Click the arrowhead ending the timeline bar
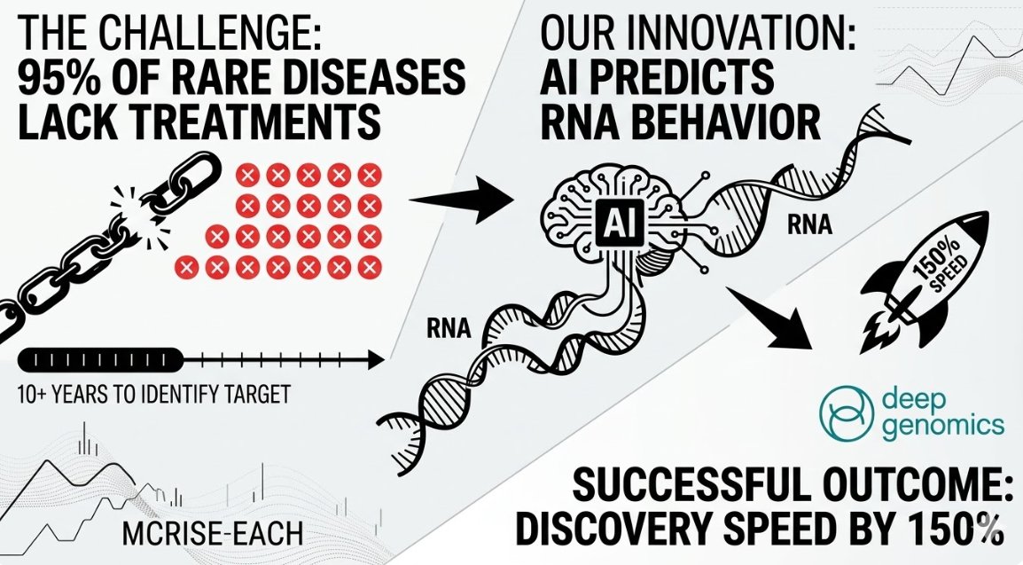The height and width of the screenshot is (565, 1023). [376, 359]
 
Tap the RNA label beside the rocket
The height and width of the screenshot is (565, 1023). [808, 225]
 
